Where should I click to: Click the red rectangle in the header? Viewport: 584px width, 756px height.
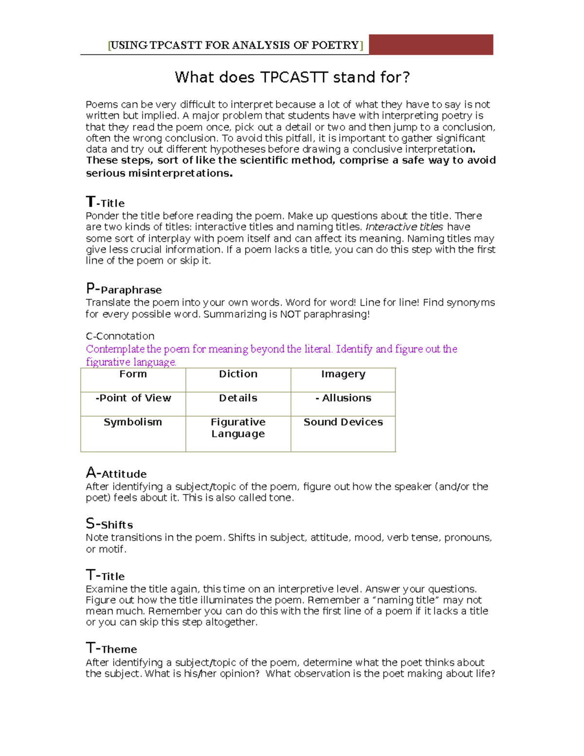(431, 44)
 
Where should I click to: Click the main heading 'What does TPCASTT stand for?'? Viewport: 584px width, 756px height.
(292, 77)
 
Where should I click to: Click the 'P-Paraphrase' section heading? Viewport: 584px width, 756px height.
(124, 289)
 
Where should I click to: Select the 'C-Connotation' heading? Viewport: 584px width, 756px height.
(120, 336)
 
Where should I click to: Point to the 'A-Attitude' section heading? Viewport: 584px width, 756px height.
(116, 473)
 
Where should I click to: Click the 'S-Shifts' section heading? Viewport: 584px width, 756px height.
(109, 524)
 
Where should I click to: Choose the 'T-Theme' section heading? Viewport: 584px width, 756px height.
(111, 648)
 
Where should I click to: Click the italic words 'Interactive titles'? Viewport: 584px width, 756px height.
(404, 227)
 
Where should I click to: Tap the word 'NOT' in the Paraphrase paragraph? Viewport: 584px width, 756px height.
(291, 314)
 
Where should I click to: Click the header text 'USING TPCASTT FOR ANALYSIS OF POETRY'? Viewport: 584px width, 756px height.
(235, 45)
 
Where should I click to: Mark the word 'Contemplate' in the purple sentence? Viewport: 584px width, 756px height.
(115, 349)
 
